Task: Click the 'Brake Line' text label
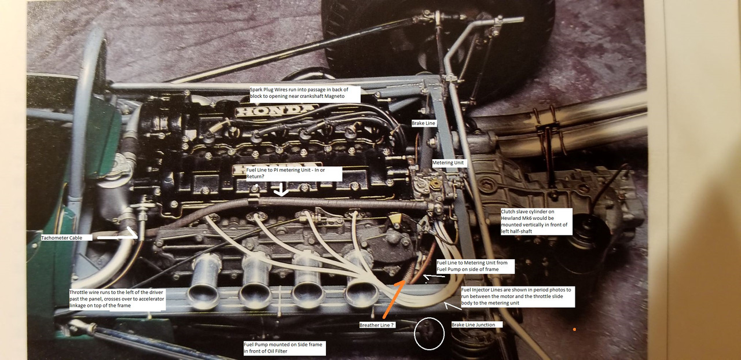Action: (x=423, y=123)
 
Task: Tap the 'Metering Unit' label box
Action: (x=449, y=163)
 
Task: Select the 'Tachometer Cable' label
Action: (x=62, y=238)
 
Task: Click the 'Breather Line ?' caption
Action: (x=377, y=325)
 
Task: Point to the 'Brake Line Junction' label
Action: (x=474, y=325)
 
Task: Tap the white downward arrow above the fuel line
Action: (x=282, y=190)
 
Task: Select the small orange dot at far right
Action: (x=574, y=330)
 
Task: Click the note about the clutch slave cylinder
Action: (x=536, y=222)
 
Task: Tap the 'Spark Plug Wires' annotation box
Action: (x=305, y=94)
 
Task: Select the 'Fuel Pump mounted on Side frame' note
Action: (x=284, y=348)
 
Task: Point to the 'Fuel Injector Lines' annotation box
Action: (x=518, y=296)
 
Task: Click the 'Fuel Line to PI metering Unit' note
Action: (x=286, y=173)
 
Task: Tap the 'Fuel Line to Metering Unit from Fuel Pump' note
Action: (x=475, y=266)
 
